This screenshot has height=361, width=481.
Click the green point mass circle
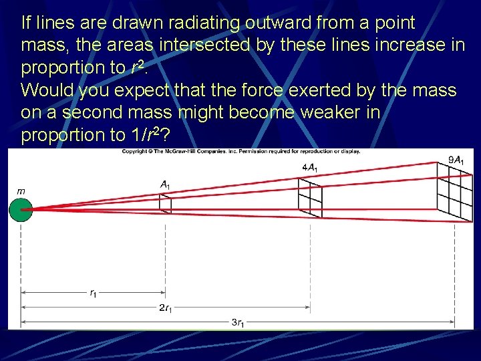coord(21,209)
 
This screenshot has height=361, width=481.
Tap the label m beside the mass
coord(21,191)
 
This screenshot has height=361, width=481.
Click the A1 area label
coord(165,184)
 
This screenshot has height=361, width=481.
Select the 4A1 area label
coord(310,167)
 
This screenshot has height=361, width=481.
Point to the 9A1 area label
coord(456,160)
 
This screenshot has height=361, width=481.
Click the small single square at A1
coord(165,204)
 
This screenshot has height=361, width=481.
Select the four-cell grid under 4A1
coord(310,200)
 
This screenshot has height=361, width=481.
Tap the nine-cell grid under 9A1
coord(455,193)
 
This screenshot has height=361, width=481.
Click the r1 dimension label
coord(93,292)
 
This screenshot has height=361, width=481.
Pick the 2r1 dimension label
coord(166,308)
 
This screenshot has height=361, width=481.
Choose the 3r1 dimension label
coord(238,323)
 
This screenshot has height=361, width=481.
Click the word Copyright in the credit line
coord(136,151)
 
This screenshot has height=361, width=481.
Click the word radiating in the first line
coord(166,23)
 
